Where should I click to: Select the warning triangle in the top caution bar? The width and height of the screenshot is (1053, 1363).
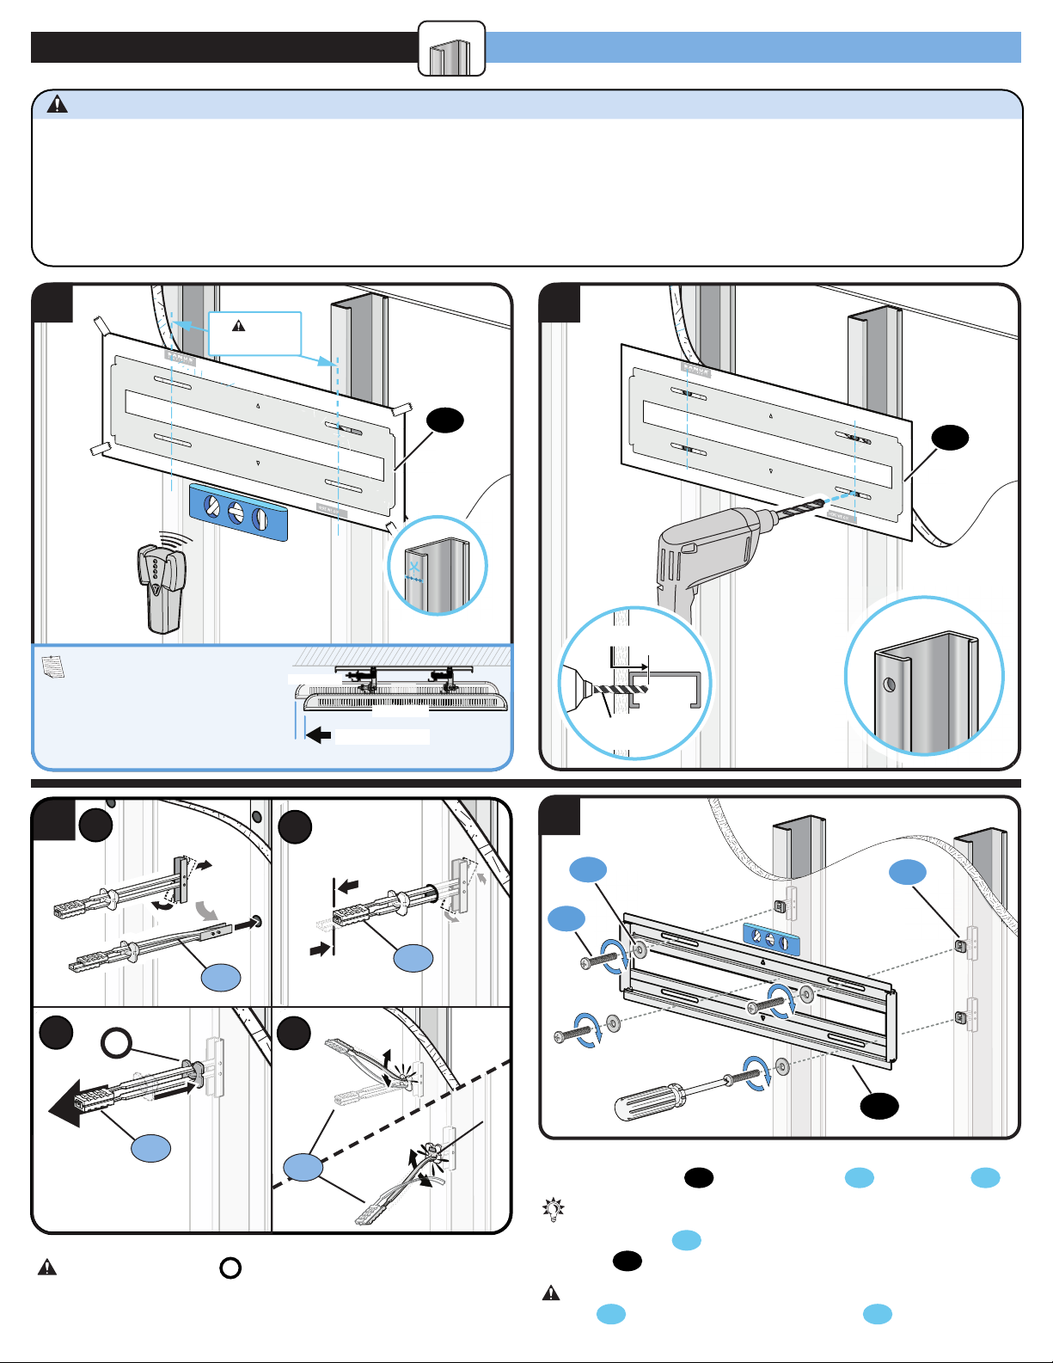57,105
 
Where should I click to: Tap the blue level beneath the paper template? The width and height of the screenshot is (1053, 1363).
238,512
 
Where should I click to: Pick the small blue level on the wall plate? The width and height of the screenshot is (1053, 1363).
770,940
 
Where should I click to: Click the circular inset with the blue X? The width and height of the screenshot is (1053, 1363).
437,566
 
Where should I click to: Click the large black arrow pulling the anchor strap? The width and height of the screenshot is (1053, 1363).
69,1102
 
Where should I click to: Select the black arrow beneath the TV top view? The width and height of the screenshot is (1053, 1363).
319,735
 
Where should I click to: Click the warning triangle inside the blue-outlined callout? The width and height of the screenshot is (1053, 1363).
239,326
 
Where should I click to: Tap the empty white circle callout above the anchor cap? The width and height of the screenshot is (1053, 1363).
116,1044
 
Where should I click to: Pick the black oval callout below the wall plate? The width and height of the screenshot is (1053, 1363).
879,1106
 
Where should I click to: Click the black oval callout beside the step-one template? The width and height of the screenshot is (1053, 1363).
445,421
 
